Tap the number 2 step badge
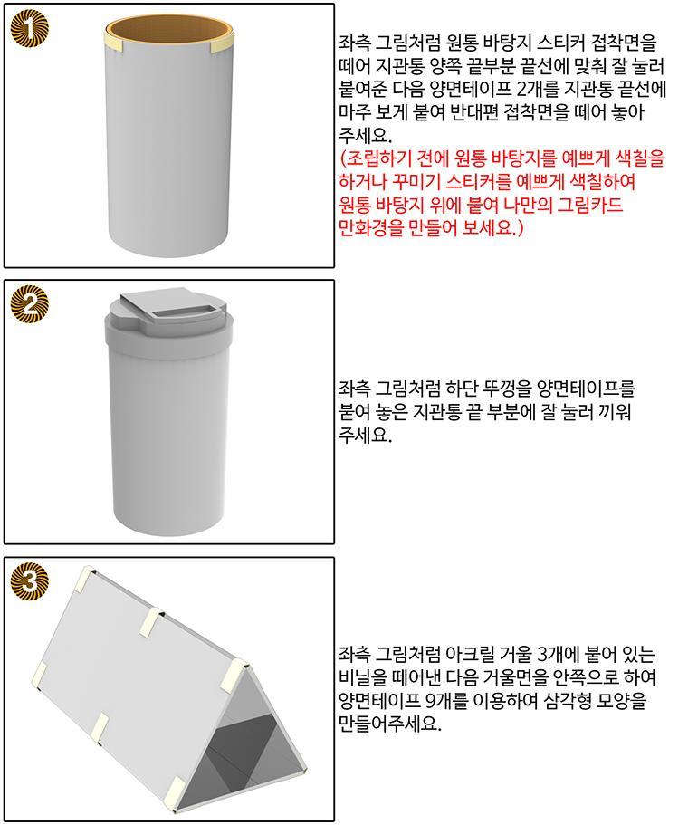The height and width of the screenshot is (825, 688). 30,304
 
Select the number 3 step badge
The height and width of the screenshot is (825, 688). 30,581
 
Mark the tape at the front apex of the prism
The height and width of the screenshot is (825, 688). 233,674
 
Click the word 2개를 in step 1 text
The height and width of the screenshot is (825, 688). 537,90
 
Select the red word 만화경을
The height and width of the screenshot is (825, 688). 368,228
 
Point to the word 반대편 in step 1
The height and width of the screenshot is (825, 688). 475,112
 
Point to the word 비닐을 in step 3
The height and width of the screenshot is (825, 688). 363,677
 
